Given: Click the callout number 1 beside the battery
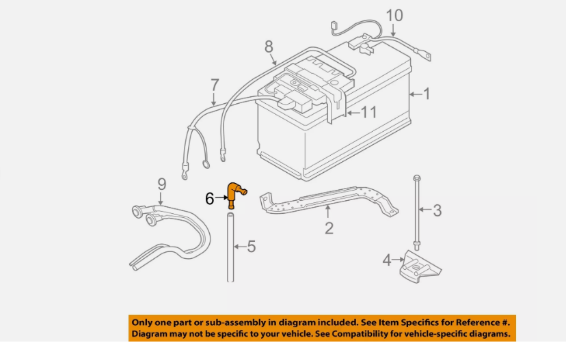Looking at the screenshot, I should [427, 93].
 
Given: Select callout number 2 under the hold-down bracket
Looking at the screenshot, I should [329, 228].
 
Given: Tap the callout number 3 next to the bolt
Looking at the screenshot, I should [437, 210].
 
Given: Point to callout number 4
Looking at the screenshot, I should [387, 260].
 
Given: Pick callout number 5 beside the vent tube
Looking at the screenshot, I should [251, 246].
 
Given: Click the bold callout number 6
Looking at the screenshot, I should [209, 198].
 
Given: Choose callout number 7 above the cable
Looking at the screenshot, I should [215, 85].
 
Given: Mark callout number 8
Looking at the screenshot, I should [269, 46].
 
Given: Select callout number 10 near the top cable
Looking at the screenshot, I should [394, 15].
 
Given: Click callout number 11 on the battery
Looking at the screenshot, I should [368, 112].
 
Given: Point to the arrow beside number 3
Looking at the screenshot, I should [424, 210].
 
